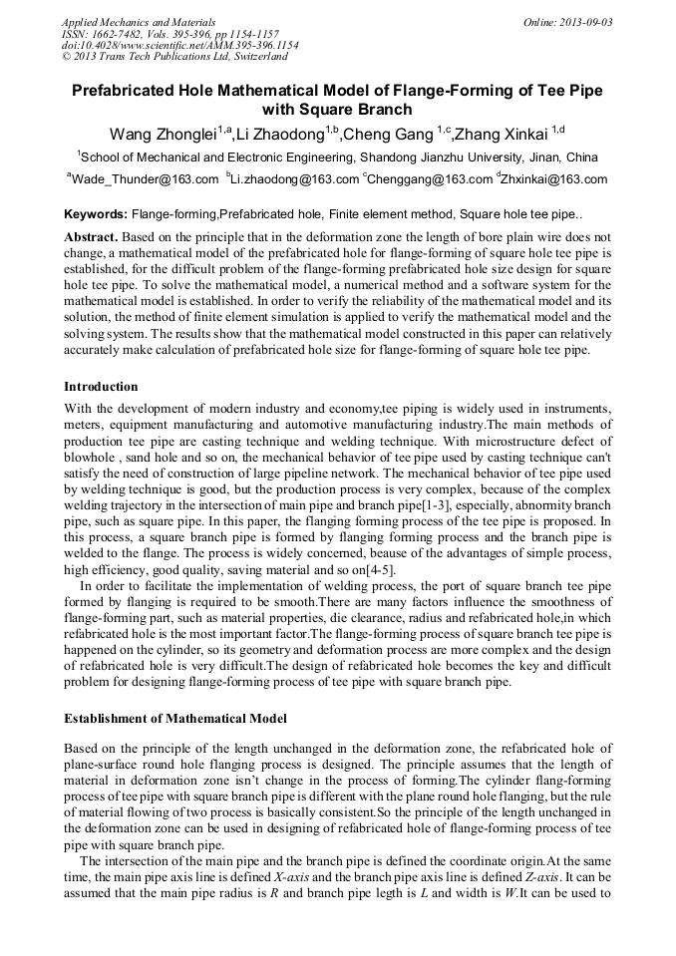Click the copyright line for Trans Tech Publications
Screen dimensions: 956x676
(x=173, y=57)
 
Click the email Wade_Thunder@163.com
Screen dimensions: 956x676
(x=146, y=179)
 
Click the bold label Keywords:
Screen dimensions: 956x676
(x=96, y=214)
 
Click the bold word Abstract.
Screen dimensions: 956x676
(x=91, y=237)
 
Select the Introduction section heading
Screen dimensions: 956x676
(x=101, y=386)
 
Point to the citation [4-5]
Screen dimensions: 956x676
(x=377, y=570)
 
